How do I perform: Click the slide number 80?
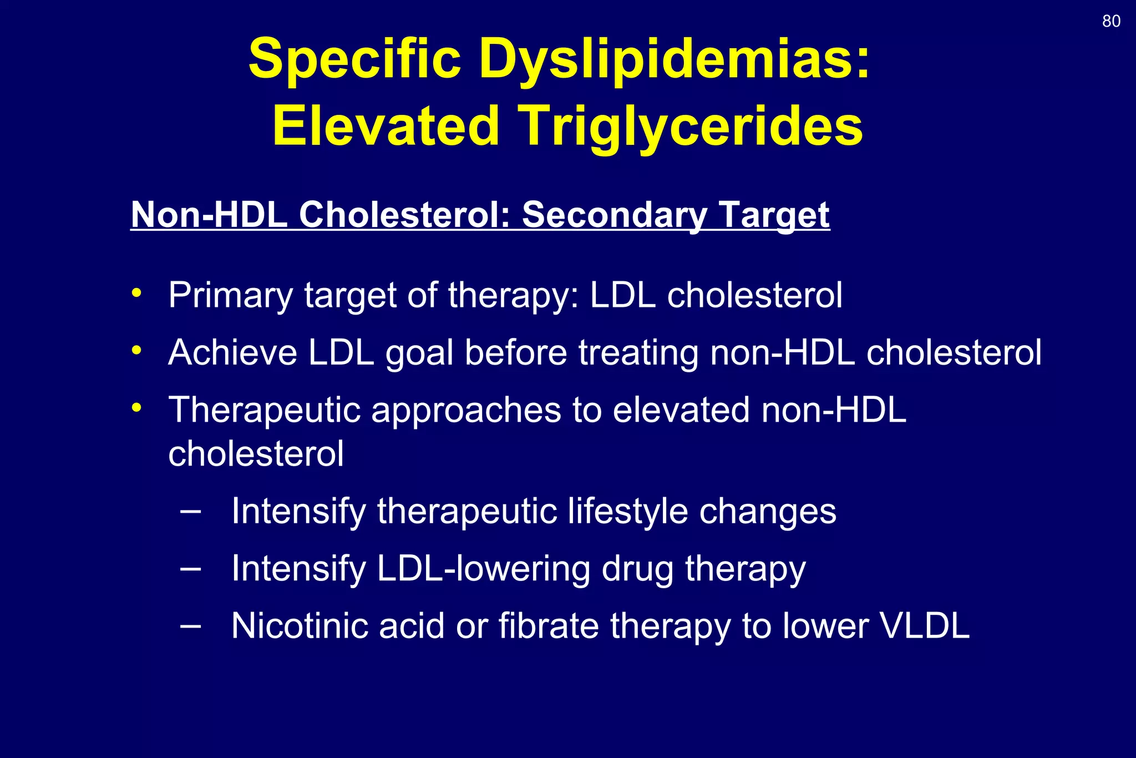coord(1111,21)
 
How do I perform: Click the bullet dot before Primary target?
coord(136,292)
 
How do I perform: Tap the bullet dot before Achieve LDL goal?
coord(136,350)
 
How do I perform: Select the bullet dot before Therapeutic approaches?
coord(136,408)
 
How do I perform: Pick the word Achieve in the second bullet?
coord(232,352)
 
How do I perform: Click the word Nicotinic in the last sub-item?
coord(300,626)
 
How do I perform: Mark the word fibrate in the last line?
coord(549,626)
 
